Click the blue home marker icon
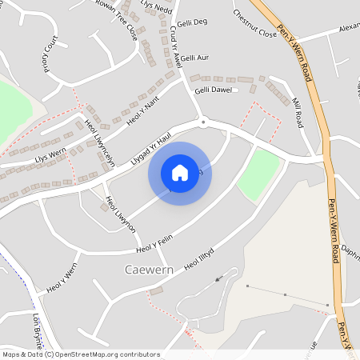tap(179, 172)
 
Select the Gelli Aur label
tap(194, 58)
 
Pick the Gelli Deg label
tap(192, 23)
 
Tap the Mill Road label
tap(298, 114)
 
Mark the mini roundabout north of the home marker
tap(203, 122)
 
